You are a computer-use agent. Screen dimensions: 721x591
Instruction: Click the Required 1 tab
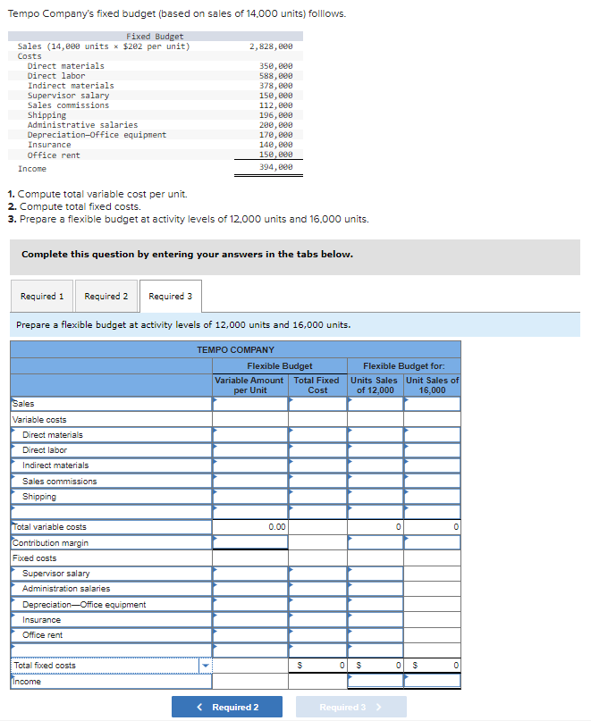pyautogui.click(x=42, y=297)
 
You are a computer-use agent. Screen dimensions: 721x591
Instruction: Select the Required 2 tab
pyautogui.click(x=106, y=297)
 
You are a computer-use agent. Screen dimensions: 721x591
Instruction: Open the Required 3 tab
pyautogui.click(x=170, y=297)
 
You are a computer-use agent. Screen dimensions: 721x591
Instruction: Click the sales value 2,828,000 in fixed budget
pyautogui.click(x=271, y=46)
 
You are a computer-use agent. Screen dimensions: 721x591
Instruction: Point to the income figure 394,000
pyautogui.click(x=275, y=168)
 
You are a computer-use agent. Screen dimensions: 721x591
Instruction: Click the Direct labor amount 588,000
pyautogui.click(x=275, y=76)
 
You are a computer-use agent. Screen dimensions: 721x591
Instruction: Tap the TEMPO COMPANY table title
pyautogui.click(x=235, y=349)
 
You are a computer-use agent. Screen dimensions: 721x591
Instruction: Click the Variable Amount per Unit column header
pyautogui.click(x=250, y=385)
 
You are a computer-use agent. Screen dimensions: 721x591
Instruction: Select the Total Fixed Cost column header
pyautogui.click(x=317, y=385)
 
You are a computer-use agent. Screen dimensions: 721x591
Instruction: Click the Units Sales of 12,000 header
pyautogui.click(x=375, y=385)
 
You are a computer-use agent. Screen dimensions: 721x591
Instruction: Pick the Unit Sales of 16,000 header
pyautogui.click(x=432, y=385)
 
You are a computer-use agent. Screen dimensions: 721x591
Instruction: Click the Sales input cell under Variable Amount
pyautogui.click(x=250, y=404)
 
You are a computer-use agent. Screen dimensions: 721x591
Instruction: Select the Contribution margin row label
pyautogui.click(x=51, y=543)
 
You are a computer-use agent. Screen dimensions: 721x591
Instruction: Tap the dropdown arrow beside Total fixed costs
pyautogui.click(x=205, y=666)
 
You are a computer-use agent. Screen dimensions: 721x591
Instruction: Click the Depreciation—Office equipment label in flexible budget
pyautogui.click(x=84, y=605)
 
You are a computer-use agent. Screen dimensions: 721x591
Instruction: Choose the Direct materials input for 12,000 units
pyautogui.click(x=375, y=435)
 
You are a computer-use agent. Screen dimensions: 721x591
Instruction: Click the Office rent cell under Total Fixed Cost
pyautogui.click(x=317, y=635)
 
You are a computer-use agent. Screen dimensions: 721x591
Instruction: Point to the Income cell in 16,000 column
pyautogui.click(x=432, y=682)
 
